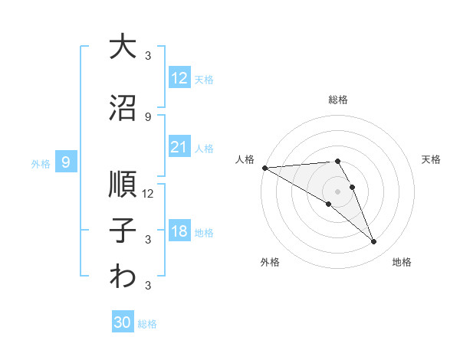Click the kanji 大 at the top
coord(123,47)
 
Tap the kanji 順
coord(123,184)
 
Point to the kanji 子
coord(123,231)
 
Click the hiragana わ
coord(123,277)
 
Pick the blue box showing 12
coord(179,78)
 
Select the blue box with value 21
coord(179,147)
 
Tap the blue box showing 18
coord(179,232)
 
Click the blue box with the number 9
coord(66,162)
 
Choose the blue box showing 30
coord(123,322)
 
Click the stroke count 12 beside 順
coord(148,193)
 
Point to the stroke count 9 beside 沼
coord(148,116)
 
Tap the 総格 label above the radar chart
coord(337,100)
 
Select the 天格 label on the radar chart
coord(432,159)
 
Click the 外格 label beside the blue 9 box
coord(40,163)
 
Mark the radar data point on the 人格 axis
coord(264,168)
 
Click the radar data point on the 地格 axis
coord(374,242)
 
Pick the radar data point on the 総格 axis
coord(337,161)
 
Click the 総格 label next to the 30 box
coord(147,324)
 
